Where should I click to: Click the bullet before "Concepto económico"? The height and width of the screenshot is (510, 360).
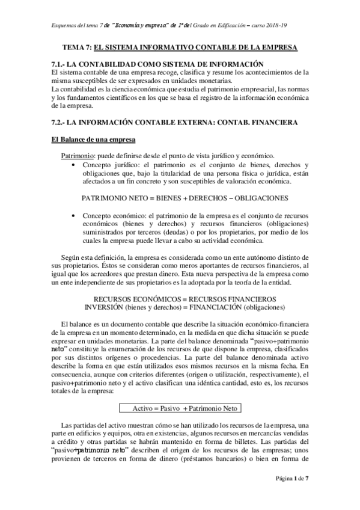click(x=73, y=215)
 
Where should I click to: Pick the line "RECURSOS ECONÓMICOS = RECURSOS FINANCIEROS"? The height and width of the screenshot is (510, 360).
click(x=181, y=298)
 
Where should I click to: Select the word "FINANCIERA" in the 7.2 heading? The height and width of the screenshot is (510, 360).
click(x=267, y=123)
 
